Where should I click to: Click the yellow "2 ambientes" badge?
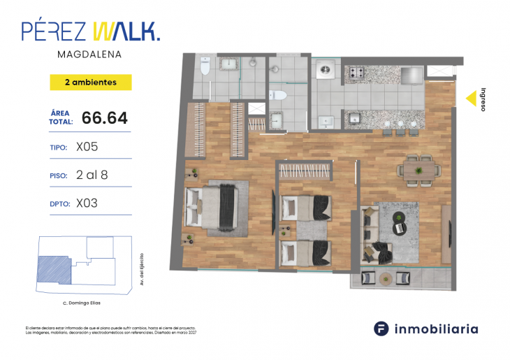(x=91, y=82)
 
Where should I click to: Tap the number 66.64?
(x=105, y=118)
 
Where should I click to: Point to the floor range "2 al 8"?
(x=95, y=175)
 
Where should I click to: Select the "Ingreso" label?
(x=482, y=99)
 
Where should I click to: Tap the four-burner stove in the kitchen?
(x=358, y=72)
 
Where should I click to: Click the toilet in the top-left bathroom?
(x=204, y=67)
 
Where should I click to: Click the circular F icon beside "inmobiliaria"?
(x=381, y=328)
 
